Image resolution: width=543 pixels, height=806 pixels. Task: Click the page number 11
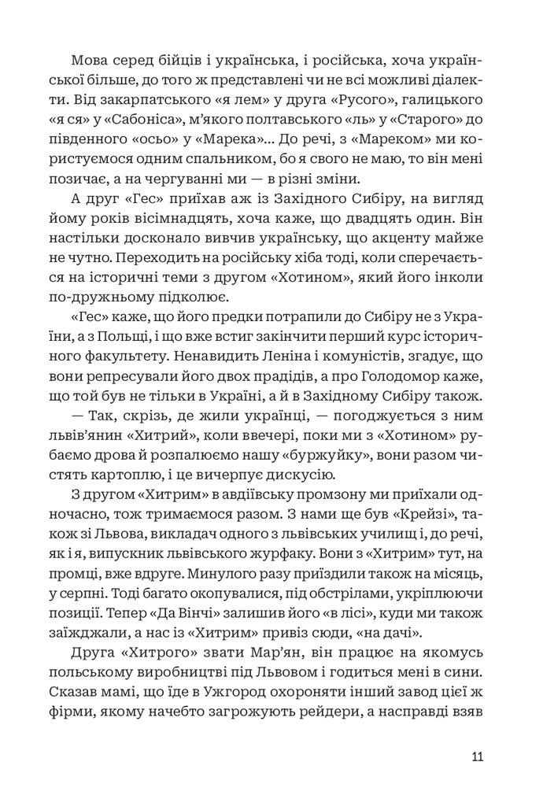pos(477,757)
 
